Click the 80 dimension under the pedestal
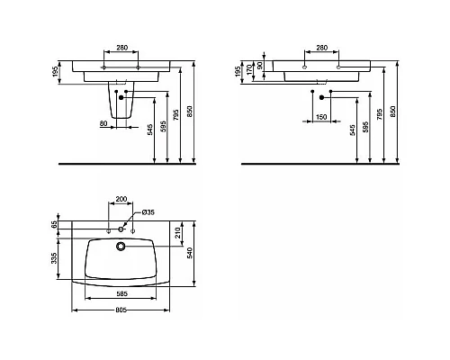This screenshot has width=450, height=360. tap(103, 122)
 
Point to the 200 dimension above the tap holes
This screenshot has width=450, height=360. tap(122, 198)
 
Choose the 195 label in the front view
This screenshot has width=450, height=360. tap(55, 71)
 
